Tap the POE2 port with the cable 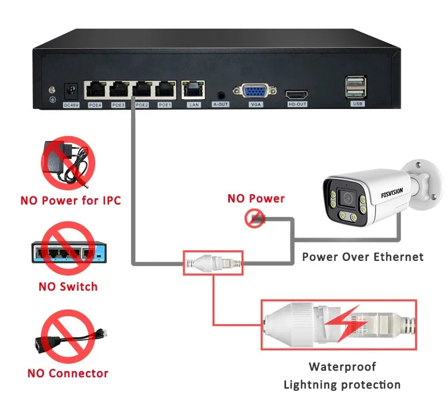pyautogui.click(x=142, y=90)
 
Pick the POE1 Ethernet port pyautogui.click(x=164, y=90)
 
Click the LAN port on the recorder pyautogui.click(x=193, y=91)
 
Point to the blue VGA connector pyautogui.click(x=256, y=92)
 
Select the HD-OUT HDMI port pyautogui.click(x=297, y=95)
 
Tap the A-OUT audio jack pyautogui.click(x=221, y=94)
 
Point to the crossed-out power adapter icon pyautogui.click(x=67, y=162)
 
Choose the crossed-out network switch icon pyautogui.click(x=65, y=252)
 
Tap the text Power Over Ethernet pyautogui.click(x=362, y=257)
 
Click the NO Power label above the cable pyautogui.click(x=256, y=198)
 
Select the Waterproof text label pyautogui.click(x=342, y=366)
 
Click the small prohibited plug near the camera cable pyautogui.click(x=255, y=219)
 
